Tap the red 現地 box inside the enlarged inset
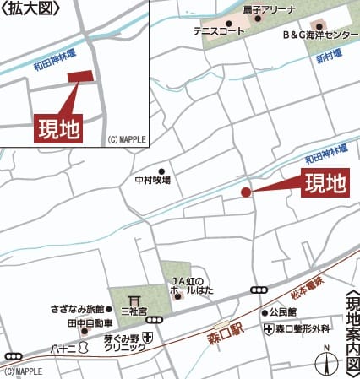[58, 128]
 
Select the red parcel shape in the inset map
[80, 77]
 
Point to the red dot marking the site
[246, 192]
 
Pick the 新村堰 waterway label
[330, 53]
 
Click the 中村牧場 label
[152, 180]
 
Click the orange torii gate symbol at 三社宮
[134, 299]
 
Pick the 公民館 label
[286, 312]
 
